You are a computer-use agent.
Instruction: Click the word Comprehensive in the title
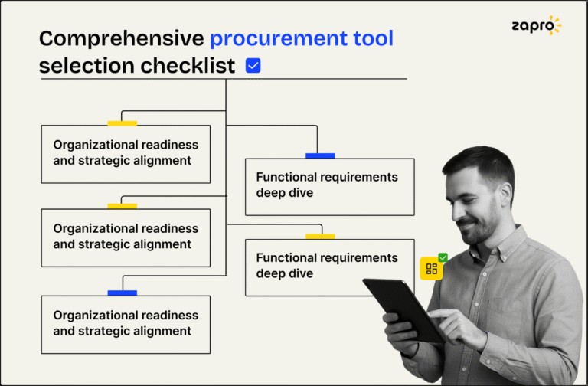[121, 38]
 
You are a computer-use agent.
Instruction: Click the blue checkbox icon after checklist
[253, 66]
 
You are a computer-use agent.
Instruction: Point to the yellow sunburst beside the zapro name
[554, 25]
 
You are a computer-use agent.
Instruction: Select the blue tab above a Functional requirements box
[320, 155]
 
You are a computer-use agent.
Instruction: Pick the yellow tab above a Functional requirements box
[320, 236]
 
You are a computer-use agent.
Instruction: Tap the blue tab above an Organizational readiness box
[122, 293]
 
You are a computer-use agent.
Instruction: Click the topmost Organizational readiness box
[125, 153]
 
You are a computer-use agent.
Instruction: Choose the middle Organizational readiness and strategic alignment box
[125, 237]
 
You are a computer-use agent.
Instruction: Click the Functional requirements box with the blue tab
[329, 185]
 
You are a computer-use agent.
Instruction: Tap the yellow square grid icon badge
[431, 269]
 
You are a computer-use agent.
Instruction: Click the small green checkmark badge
[443, 258]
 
